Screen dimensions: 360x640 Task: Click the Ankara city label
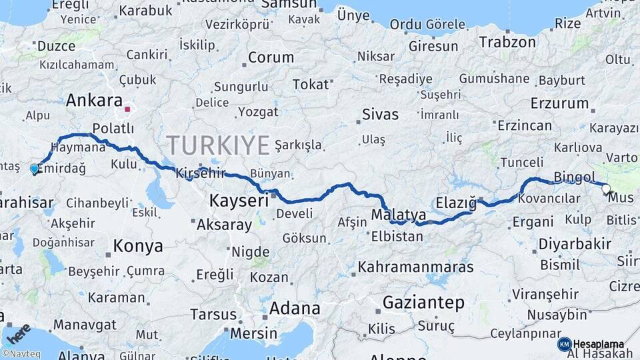(x=93, y=101)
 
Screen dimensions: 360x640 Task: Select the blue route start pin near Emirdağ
(x=35, y=169)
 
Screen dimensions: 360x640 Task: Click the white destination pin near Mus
(x=606, y=189)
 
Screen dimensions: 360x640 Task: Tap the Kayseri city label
(x=239, y=199)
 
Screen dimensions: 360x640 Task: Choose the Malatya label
(x=399, y=215)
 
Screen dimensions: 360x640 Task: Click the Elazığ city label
(x=456, y=202)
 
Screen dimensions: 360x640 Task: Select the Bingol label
(x=574, y=177)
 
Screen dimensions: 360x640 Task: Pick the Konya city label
(x=138, y=246)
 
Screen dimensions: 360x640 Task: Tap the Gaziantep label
(x=423, y=303)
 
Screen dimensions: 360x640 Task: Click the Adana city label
(x=294, y=309)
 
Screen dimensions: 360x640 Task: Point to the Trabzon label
(x=507, y=42)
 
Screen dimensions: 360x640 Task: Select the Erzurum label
(x=560, y=103)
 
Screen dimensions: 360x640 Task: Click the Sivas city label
(x=380, y=115)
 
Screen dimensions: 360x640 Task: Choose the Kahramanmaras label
(x=416, y=267)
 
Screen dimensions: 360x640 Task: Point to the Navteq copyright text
(x=22, y=354)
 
